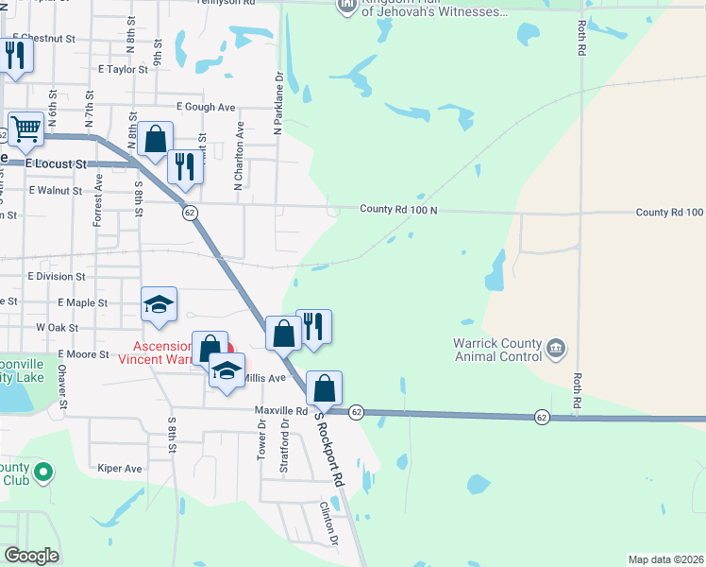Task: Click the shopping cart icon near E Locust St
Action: click(x=25, y=129)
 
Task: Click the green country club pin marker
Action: click(x=42, y=471)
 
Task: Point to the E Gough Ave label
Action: click(x=205, y=108)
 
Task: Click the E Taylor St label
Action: click(x=123, y=69)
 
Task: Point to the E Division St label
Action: click(x=57, y=276)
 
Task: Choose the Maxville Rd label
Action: click(x=281, y=411)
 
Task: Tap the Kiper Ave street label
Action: click(x=119, y=468)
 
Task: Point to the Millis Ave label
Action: click(x=264, y=378)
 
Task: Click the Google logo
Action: click(x=31, y=556)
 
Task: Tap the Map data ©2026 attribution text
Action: click(x=664, y=559)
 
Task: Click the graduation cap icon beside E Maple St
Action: click(x=159, y=303)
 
